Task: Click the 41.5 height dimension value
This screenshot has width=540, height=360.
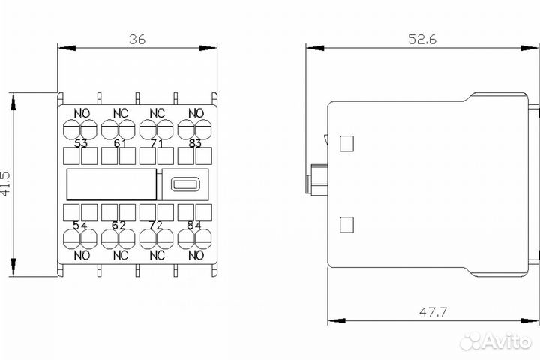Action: tap(6, 184)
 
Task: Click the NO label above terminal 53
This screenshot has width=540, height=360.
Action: tap(82, 114)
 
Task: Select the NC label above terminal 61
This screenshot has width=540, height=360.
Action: tap(120, 114)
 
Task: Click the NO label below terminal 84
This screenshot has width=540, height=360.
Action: tap(195, 255)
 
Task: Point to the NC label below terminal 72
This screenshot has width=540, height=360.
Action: tap(157, 255)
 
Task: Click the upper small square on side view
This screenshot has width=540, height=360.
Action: tap(346, 142)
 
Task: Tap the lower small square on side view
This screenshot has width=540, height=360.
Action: tap(346, 223)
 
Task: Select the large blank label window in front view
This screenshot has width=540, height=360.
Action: tap(112, 184)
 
